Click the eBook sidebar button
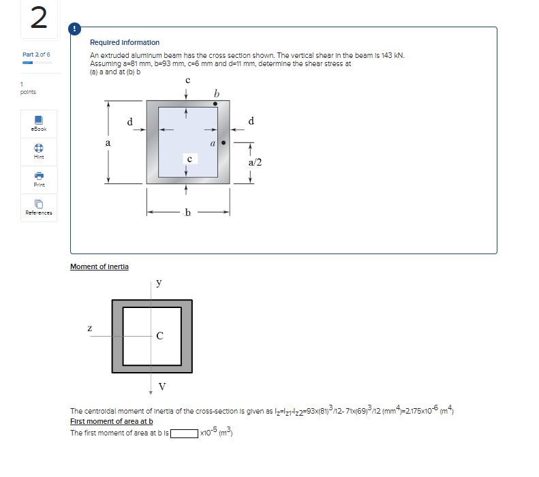click(x=39, y=122)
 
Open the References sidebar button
click(x=39, y=206)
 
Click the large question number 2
click(x=39, y=18)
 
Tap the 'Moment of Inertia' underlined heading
click(x=99, y=266)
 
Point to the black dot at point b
click(x=216, y=104)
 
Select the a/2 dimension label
click(x=255, y=162)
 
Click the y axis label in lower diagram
click(x=159, y=282)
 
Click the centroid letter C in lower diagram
click(x=159, y=335)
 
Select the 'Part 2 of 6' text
click(x=36, y=55)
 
